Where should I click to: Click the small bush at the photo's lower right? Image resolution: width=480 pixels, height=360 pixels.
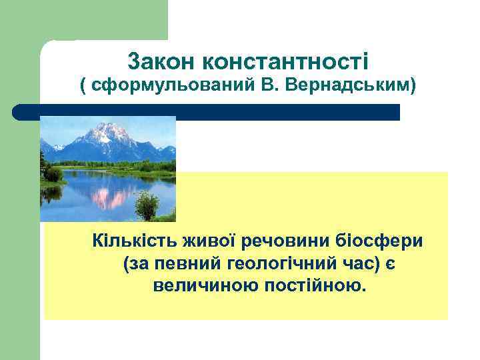[147, 206]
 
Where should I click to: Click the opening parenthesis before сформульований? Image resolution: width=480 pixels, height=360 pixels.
[83, 85]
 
